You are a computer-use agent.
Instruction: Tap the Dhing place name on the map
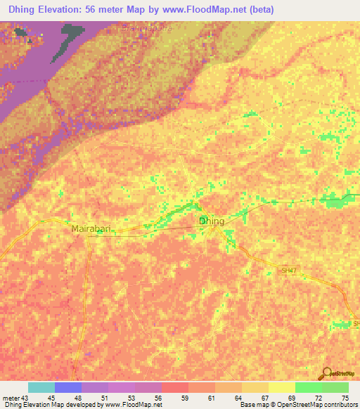[212, 221]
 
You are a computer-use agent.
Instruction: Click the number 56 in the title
[117, 10]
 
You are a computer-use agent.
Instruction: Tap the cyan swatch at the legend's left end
[41, 387]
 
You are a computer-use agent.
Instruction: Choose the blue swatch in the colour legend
[67, 387]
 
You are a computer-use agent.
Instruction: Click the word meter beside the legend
[10, 397]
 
